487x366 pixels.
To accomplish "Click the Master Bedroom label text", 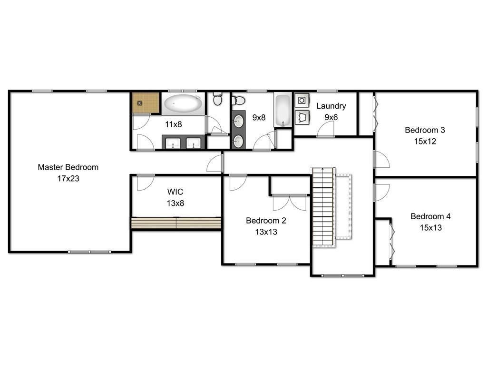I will [68, 167].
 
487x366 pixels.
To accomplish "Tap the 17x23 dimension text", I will [68, 179].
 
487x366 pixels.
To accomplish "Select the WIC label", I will [175, 192].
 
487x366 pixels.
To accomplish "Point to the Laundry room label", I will [331, 106].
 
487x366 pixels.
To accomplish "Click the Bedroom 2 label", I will [265, 221].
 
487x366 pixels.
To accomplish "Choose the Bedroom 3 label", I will [425, 130].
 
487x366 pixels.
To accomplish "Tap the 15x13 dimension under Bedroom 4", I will [430, 228].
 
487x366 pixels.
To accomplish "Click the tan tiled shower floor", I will [146, 103].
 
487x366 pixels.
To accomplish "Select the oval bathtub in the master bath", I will [183, 103].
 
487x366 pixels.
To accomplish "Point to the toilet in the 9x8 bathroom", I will [238, 101].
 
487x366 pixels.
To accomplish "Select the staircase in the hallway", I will [323, 207].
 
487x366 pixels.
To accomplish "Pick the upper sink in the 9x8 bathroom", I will [239, 122].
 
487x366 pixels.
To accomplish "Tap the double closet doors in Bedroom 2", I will [290, 203].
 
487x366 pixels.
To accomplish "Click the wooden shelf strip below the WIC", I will [176, 224].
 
